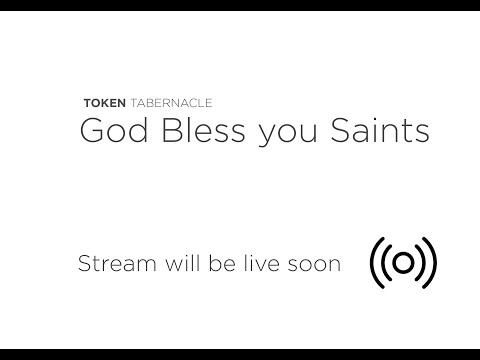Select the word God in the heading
[107, 130]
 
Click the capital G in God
[90, 130]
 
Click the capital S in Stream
[83, 264]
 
